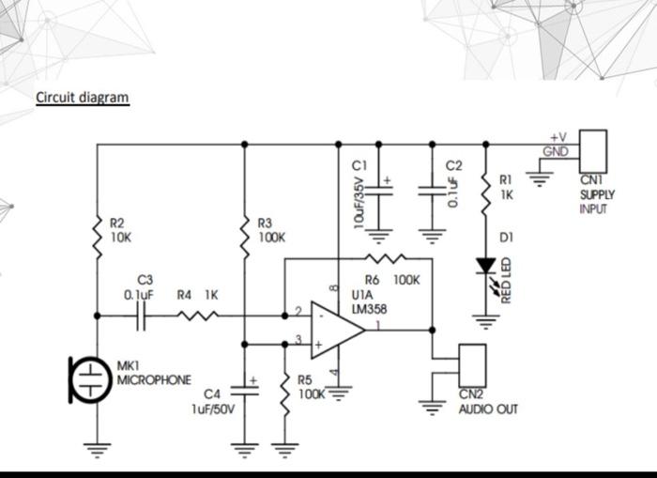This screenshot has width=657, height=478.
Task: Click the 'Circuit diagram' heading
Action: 82,98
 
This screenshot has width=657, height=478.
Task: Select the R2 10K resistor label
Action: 120,230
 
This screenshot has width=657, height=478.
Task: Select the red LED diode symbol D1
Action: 485,268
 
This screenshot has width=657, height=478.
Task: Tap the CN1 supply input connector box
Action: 593,151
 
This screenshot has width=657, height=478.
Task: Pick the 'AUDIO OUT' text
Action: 487,409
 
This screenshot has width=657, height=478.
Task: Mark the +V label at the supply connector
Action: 558,139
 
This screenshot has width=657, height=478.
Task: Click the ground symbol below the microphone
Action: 97,448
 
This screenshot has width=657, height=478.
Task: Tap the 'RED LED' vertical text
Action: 504,281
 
